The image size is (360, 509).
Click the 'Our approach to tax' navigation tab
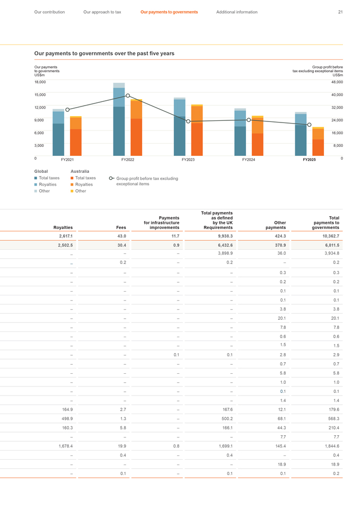pos(102,12)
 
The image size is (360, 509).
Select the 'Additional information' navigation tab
pos(236,12)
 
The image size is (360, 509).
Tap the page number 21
pos(340,12)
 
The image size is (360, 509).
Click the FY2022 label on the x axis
pos(127,160)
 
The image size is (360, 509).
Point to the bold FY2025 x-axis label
pos(309,160)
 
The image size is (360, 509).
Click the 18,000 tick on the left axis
pos(40,82)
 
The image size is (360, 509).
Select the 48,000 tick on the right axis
pos(337,82)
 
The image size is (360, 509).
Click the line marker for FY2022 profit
pos(128,96)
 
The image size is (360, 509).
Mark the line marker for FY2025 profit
pos(309,125)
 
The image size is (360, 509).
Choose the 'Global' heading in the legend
pos(41,171)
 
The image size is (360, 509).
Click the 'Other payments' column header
pos(276,225)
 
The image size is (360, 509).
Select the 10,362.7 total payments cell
pos(330,236)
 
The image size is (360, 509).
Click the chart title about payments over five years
pos(104,54)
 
